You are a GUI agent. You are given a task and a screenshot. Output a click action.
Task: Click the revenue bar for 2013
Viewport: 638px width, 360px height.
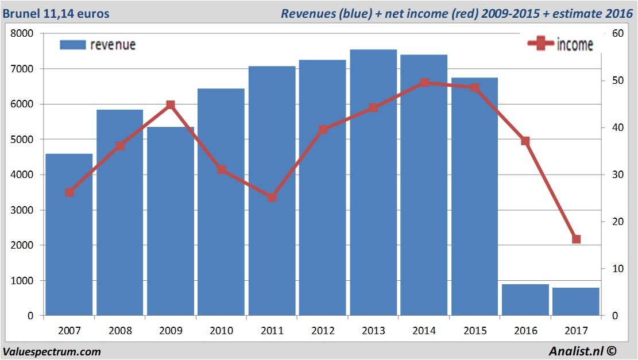point(373,184)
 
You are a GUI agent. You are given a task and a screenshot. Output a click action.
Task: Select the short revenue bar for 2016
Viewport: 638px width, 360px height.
point(525,300)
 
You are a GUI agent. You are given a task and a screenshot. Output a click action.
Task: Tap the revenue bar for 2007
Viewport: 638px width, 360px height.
point(69,235)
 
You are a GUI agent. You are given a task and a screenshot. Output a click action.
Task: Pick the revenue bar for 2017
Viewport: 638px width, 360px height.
point(576,301)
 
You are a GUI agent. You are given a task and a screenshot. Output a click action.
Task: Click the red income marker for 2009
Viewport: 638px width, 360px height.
point(171,105)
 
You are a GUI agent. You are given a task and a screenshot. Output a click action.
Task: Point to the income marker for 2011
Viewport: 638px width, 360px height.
point(272,197)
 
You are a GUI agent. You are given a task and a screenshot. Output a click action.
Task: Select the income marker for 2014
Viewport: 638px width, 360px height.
point(424,83)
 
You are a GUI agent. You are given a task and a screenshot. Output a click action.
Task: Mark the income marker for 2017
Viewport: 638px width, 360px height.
point(577,239)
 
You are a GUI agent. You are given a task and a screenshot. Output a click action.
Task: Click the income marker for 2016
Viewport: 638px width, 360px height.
point(525,141)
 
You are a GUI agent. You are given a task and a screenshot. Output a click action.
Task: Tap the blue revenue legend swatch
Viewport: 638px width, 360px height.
point(72,45)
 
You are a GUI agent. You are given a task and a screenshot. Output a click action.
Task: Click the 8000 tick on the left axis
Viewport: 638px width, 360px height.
point(22,34)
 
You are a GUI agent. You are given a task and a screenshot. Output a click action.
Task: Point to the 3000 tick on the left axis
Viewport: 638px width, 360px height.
point(22,210)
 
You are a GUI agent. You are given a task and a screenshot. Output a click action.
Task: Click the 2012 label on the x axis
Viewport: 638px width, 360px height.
point(323,331)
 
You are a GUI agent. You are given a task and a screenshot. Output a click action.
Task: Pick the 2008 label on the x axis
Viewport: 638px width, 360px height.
point(120,331)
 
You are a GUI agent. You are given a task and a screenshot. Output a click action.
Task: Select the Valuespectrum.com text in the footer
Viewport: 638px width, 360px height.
point(52,352)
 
